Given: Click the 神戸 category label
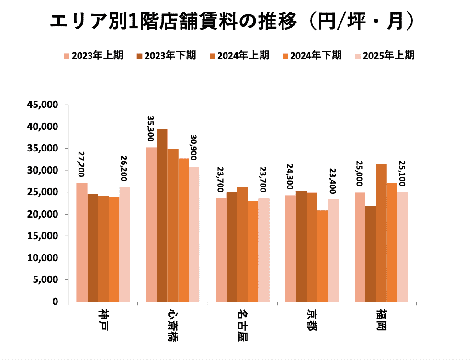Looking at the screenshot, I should [102, 321].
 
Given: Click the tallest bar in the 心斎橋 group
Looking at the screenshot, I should [162, 215].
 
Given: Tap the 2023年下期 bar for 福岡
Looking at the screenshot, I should [371, 254].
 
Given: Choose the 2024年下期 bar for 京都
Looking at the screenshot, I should [322, 256].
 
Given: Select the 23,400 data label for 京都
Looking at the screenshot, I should [333, 182].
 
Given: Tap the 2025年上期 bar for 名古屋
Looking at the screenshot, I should [263, 250].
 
